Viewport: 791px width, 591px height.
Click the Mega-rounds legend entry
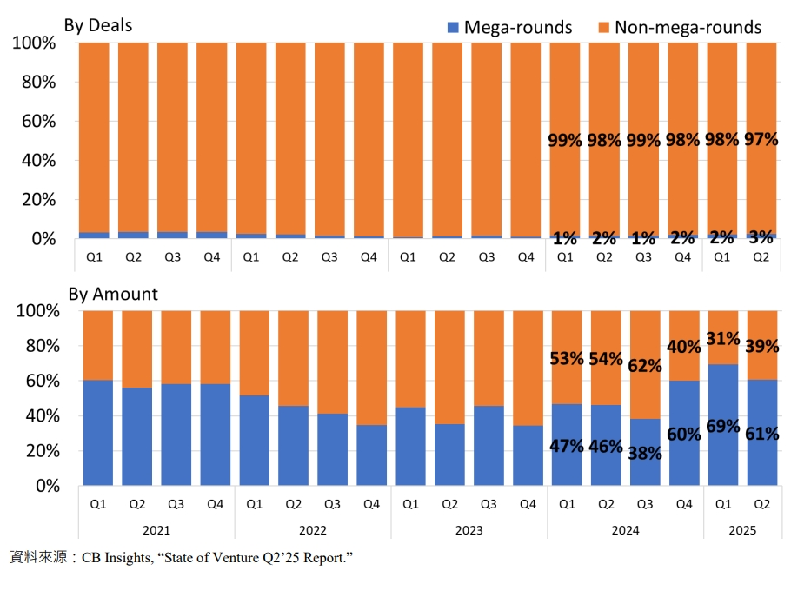(509, 27)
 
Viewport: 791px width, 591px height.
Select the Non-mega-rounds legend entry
(680, 27)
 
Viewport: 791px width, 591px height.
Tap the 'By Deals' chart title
(98, 25)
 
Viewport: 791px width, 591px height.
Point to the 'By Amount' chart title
(113, 294)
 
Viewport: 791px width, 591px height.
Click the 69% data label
(723, 426)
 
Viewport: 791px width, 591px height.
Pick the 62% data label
(645, 366)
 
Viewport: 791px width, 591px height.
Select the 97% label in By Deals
(761, 139)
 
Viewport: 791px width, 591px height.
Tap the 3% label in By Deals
(761, 237)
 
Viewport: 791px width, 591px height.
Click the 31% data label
(723, 339)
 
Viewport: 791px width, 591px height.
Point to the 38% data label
(645, 454)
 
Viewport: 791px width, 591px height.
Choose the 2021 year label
(156, 530)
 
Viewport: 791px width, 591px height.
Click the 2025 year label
(742, 530)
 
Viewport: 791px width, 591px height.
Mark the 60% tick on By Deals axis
(38, 122)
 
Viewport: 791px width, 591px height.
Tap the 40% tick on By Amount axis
(43, 416)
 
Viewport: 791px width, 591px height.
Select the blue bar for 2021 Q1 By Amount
(98, 433)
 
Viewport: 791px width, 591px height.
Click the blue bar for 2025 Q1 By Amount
(723, 425)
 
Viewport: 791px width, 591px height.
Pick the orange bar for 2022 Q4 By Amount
(372, 369)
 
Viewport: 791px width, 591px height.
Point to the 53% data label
(567, 359)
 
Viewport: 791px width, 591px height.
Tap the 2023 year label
(469, 530)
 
